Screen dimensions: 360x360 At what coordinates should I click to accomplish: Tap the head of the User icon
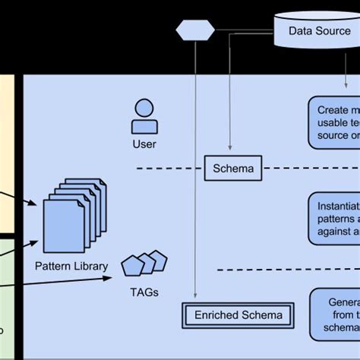click(x=144, y=107)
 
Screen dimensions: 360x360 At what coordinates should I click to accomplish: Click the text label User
click(x=144, y=142)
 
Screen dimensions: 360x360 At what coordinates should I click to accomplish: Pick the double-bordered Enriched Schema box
click(x=238, y=315)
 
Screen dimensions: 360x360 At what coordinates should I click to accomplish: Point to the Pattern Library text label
click(x=71, y=266)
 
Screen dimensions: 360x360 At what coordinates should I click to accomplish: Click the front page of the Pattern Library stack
click(x=64, y=226)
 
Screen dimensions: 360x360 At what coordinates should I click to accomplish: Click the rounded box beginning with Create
click(x=334, y=122)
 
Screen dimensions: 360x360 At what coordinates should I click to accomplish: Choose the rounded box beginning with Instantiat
click(x=334, y=216)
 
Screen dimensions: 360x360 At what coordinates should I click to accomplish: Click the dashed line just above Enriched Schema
click(x=281, y=269)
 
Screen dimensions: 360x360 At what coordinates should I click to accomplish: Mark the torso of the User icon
click(x=144, y=126)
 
